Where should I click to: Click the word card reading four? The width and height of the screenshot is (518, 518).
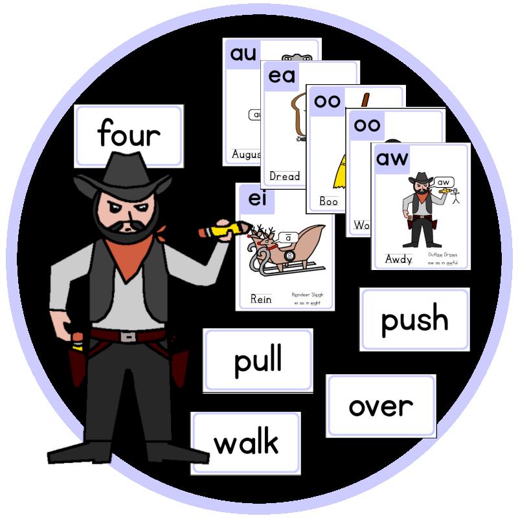(129, 135)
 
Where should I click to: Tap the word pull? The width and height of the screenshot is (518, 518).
(258, 360)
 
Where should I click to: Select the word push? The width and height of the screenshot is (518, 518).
(414, 320)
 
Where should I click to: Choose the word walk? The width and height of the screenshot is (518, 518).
(246, 444)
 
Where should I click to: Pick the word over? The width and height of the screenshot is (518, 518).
(381, 406)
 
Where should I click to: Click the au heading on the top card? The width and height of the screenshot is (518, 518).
(243, 54)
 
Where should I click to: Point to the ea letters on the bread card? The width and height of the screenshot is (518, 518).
(282, 76)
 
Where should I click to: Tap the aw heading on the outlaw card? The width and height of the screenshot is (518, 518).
(392, 158)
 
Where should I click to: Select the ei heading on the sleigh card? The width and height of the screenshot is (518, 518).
(257, 199)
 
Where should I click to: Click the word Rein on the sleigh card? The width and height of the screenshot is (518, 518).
(260, 299)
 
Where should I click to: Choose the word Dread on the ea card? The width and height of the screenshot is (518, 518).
(284, 176)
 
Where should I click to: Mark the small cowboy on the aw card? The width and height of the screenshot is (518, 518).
(420, 210)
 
